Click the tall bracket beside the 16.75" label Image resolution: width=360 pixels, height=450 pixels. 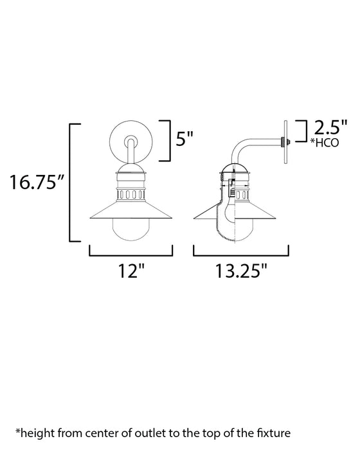[x=70, y=182]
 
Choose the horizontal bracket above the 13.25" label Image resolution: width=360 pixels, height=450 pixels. [x=240, y=251]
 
